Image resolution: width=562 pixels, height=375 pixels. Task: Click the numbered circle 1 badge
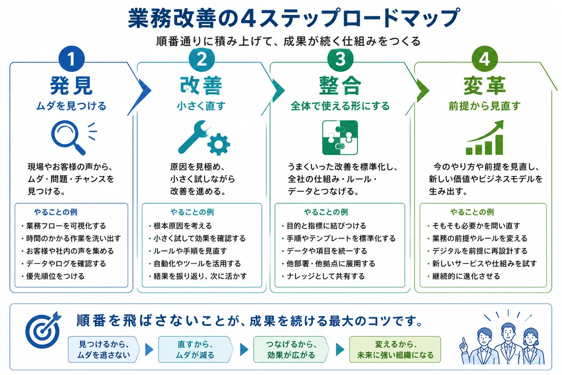pyautogui.click(x=72, y=59)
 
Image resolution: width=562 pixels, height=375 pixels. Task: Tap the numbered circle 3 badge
pyautogui.click(x=340, y=59)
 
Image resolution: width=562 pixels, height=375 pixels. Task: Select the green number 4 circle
pyautogui.click(x=484, y=59)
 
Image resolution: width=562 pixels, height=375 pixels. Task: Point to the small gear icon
pyautogui.click(x=219, y=144)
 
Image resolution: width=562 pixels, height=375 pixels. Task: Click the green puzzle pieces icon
pyautogui.click(x=340, y=137)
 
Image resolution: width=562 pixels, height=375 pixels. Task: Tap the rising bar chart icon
pyautogui.click(x=484, y=137)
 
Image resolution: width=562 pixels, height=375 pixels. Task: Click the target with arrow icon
pyautogui.click(x=43, y=330)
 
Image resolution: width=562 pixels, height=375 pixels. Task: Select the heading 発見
pyautogui.click(x=72, y=86)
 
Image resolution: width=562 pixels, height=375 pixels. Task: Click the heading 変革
pyautogui.click(x=484, y=86)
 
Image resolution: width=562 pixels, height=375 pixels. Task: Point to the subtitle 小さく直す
pyautogui.click(x=201, y=106)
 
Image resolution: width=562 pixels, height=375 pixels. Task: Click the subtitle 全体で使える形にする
pyautogui.click(x=340, y=106)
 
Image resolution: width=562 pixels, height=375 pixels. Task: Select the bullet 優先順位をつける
pyautogui.click(x=55, y=276)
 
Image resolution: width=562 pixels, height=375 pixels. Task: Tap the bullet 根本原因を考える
pyautogui.click(x=183, y=226)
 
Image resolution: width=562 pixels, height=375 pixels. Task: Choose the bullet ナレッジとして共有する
pyautogui.click(x=325, y=276)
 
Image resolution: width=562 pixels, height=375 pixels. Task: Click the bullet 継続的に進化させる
pyautogui.click(x=466, y=276)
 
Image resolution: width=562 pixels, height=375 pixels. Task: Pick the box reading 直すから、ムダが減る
pyautogui.click(x=196, y=349)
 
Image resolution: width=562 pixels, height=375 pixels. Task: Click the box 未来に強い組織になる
pyautogui.click(x=395, y=349)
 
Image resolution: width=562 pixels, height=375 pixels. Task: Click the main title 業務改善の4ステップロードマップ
pyautogui.click(x=294, y=18)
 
